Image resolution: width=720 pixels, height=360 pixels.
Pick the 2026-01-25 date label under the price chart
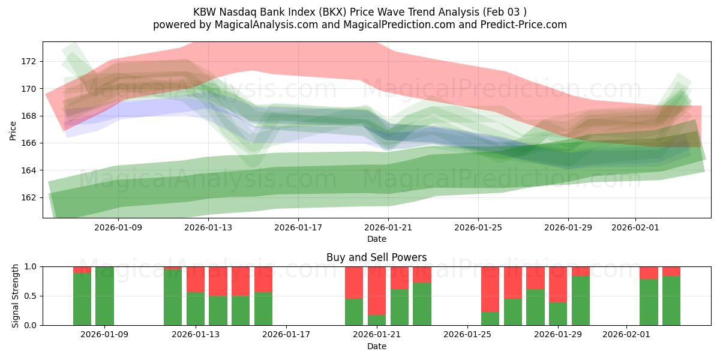[478, 228]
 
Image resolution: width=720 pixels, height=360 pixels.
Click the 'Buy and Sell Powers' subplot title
[377, 257]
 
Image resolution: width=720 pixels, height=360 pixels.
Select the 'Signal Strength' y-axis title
[16, 296]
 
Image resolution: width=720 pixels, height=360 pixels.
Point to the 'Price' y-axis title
[13, 130]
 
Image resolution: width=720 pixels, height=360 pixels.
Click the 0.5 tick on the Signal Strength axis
[30, 296]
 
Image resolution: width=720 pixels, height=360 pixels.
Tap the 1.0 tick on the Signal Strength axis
[30, 266]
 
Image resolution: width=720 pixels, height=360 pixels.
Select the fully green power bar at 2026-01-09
[104, 296]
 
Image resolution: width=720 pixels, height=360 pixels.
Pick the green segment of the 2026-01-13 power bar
[196, 309]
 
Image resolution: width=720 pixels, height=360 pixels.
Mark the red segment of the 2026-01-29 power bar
[558, 284]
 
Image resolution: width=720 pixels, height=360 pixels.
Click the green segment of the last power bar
[671, 301]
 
